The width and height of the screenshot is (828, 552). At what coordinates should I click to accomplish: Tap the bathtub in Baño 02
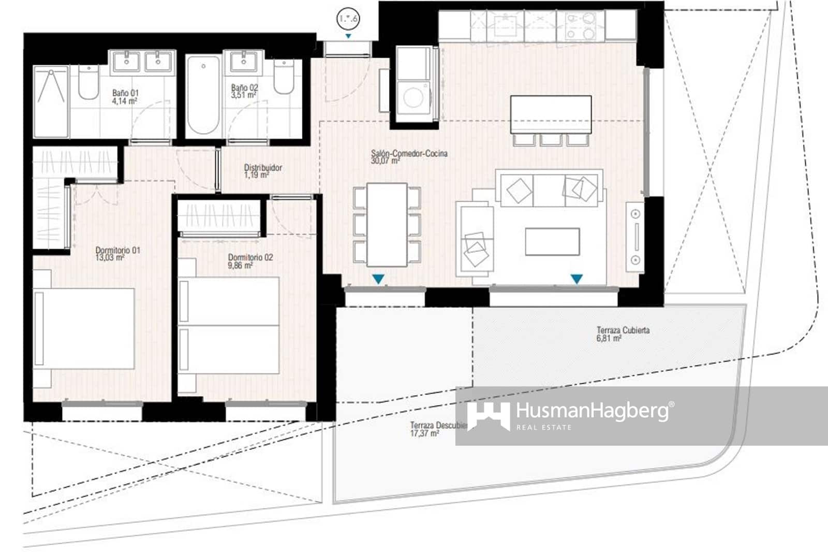pyautogui.click(x=203, y=96)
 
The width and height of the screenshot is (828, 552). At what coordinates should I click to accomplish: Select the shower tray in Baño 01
pyautogui.click(x=51, y=101)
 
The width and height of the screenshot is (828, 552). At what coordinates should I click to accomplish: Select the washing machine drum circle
pyautogui.click(x=413, y=97)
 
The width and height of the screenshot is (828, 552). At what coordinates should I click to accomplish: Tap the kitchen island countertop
pyautogui.click(x=551, y=114)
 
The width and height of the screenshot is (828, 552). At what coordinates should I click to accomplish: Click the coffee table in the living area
pyautogui.click(x=552, y=242)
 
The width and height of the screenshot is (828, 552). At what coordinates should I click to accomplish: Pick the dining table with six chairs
pyautogui.click(x=387, y=224)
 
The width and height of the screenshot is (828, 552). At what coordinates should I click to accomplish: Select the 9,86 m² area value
pyautogui.click(x=240, y=266)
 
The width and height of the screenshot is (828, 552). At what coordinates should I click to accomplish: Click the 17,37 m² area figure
pyautogui.click(x=424, y=433)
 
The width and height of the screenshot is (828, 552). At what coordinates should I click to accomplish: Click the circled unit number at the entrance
pyautogui.click(x=348, y=19)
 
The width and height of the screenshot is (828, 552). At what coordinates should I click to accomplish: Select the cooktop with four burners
pyautogui.click(x=581, y=26)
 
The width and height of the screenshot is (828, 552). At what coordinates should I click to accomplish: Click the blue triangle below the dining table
pyautogui.click(x=378, y=280)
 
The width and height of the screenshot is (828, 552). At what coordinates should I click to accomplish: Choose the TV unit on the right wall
pyautogui.click(x=635, y=237)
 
